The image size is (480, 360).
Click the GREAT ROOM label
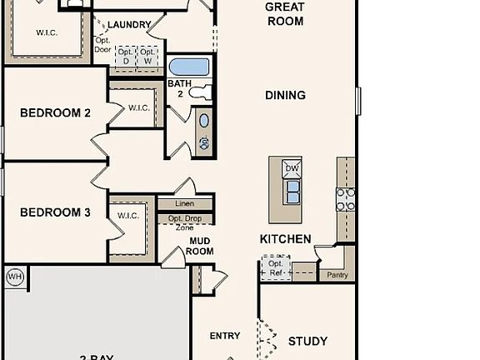click(284, 13)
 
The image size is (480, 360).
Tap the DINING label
click(285, 95)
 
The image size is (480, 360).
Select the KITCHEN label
click(285, 239)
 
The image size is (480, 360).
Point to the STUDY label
click(307, 341)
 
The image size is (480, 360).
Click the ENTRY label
click(225, 336)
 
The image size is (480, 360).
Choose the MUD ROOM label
click(199, 246)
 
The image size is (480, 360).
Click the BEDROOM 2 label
click(55, 113)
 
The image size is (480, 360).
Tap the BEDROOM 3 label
click(55, 212)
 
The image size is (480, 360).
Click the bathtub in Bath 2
click(189, 67)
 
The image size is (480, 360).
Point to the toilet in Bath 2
click(199, 93)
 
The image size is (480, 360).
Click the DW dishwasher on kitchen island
click(292, 168)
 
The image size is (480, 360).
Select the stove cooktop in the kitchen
click(345, 198)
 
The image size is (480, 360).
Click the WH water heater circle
click(15, 277)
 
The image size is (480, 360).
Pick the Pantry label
click(337, 274)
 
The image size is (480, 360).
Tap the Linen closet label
click(185, 204)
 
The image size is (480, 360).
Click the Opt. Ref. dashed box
click(275, 268)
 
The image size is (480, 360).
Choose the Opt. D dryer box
click(127, 56)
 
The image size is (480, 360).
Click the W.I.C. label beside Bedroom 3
click(128, 216)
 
